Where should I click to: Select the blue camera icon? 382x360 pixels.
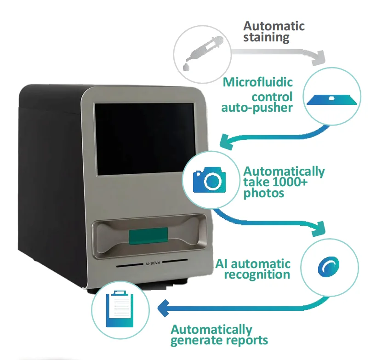[210, 181]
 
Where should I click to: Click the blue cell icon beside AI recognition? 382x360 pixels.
[329, 267]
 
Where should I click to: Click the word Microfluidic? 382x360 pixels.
[258, 83]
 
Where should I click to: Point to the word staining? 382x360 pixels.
[267, 37]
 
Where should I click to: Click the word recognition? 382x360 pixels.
[257, 275]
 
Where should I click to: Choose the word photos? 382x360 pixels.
[264, 194]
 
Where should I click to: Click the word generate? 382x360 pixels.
[192, 341]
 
